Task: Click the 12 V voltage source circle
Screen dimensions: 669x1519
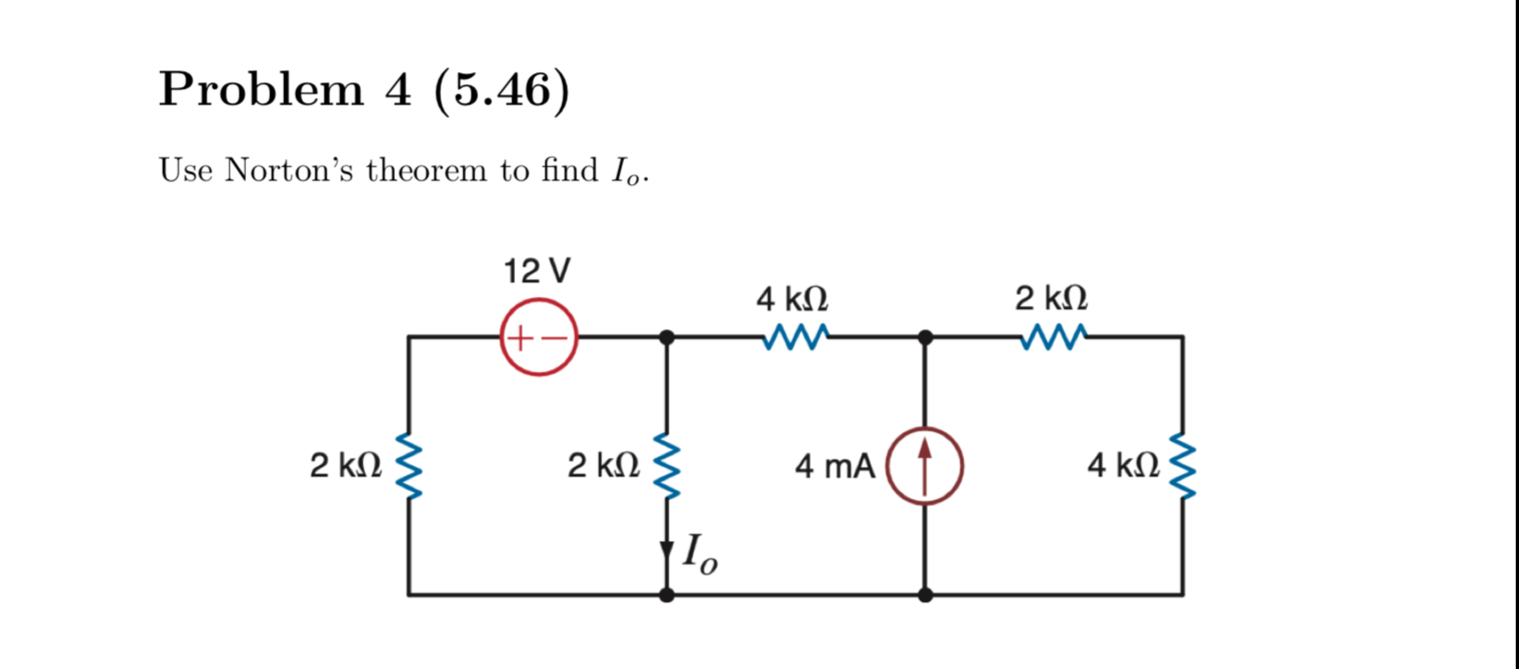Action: click(538, 337)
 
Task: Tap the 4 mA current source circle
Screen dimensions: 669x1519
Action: click(925, 466)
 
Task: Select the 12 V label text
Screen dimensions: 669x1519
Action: click(537, 271)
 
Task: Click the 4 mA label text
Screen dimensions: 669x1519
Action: click(835, 466)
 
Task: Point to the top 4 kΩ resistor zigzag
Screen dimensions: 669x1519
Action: click(795, 337)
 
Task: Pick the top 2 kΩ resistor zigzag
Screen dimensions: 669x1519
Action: click(1053, 337)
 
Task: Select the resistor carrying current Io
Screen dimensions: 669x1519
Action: click(666, 466)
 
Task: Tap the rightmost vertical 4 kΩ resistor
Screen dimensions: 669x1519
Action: click(1182, 466)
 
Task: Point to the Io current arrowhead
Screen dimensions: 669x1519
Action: click(666, 552)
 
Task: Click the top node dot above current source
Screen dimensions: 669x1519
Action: click(925, 338)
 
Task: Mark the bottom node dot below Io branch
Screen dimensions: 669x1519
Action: click(666, 595)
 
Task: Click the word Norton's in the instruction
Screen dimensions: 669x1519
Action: click(289, 171)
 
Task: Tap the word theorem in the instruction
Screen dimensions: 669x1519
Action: click(427, 171)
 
